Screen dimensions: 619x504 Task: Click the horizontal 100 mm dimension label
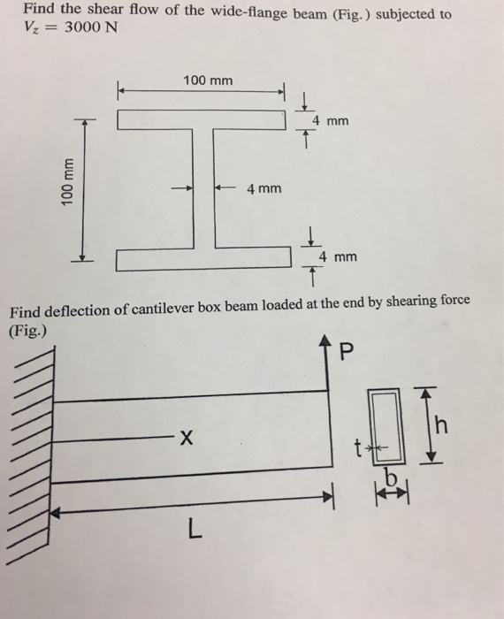(x=208, y=80)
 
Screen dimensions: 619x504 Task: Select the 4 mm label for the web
(x=264, y=188)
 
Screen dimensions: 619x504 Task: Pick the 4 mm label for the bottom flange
(x=338, y=257)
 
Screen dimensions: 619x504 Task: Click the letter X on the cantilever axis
(x=184, y=436)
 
